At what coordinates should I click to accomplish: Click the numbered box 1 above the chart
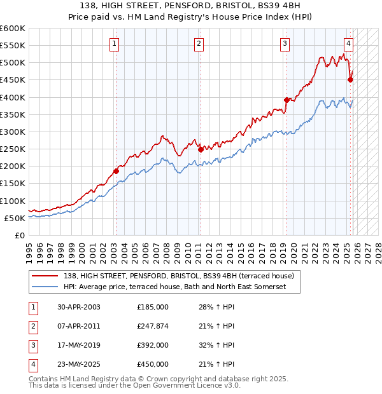click(x=114, y=44)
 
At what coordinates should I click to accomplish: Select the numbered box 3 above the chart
click(x=285, y=44)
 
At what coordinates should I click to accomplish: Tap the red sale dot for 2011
click(x=201, y=150)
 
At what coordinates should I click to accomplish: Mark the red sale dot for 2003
click(x=116, y=171)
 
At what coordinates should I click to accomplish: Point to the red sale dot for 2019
click(x=286, y=100)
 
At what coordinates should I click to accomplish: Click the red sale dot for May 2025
click(x=350, y=79)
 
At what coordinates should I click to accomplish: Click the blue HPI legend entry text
click(x=174, y=287)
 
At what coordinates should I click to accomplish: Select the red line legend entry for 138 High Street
click(x=178, y=276)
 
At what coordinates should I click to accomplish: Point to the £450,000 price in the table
click(x=152, y=364)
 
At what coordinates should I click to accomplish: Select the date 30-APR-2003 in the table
click(x=78, y=307)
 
